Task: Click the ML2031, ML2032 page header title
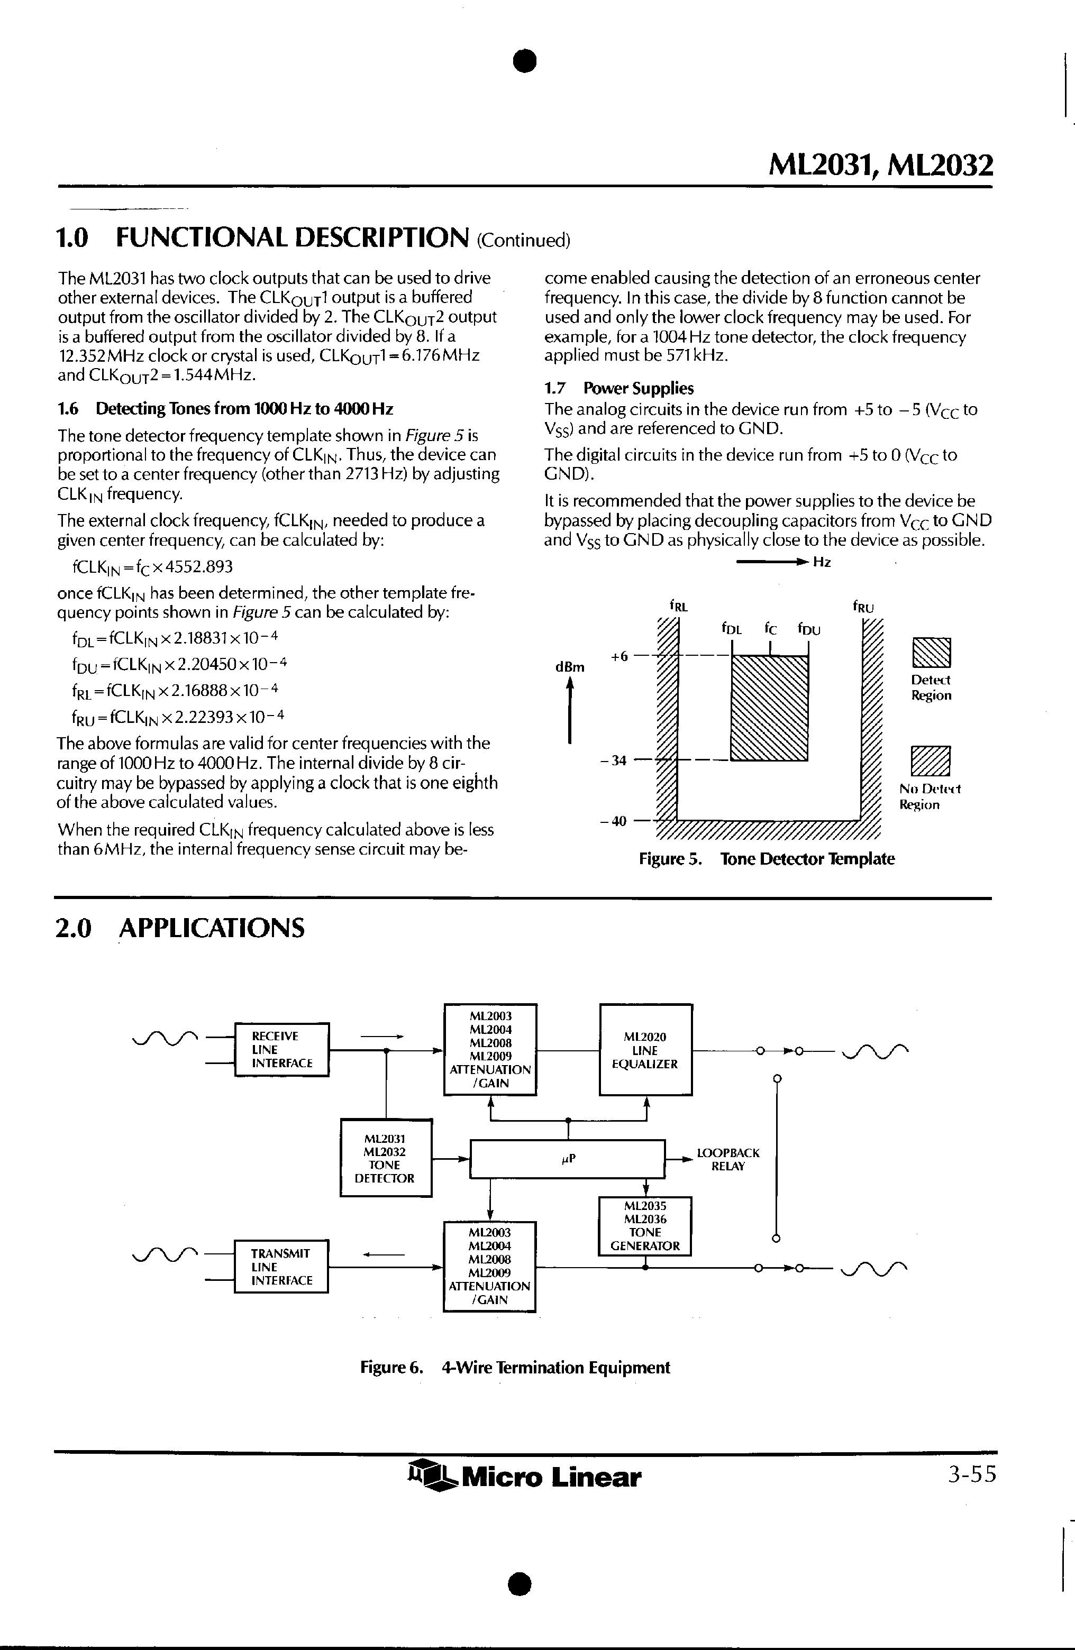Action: tap(881, 166)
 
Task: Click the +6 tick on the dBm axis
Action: tap(620, 655)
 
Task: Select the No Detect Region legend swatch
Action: tap(931, 761)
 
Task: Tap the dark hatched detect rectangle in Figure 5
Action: tap(770, 708)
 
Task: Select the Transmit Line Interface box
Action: tap(281, 1266)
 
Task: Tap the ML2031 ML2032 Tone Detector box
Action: tap(386, 1158)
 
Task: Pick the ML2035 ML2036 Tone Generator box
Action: tap(645, 1226)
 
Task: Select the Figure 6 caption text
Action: tap(515, 1368)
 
